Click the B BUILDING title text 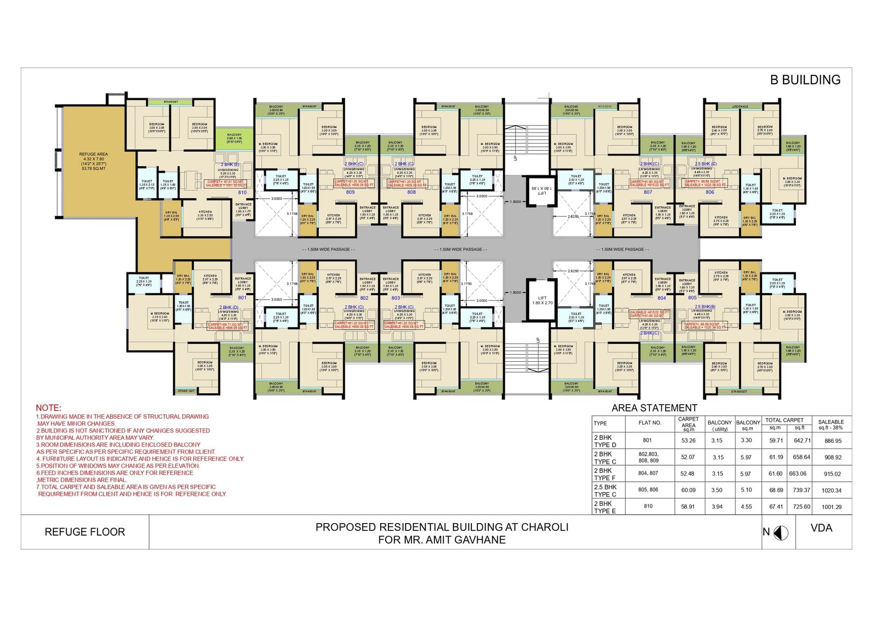pyautogui.click(x=805, y=80)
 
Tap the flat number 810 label pyautogui.click(x=242, y=192)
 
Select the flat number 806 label pyautogui.click(x=709, y=192)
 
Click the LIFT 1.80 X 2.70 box pyautogui.click(x=542, y=300)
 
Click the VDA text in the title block pyautogui.click(x=821, y=528)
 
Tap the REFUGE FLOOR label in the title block pyautogui.click(x=85, y=532)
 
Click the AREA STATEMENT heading pyautogui.click(x=654, y=408)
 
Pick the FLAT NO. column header pyautogui.click(x=650, y=423)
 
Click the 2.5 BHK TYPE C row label pyautogui.click(x=605, y=490)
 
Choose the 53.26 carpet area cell pyautogui.click(x=688, y=440)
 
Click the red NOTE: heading pyautogui.click(x=49, y=408)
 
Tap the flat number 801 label pyautogui.click(x=242, y=298)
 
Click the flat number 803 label pyautogui.click(x=396, y=298)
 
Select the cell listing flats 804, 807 pyautogui.click(x=648, y=473)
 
